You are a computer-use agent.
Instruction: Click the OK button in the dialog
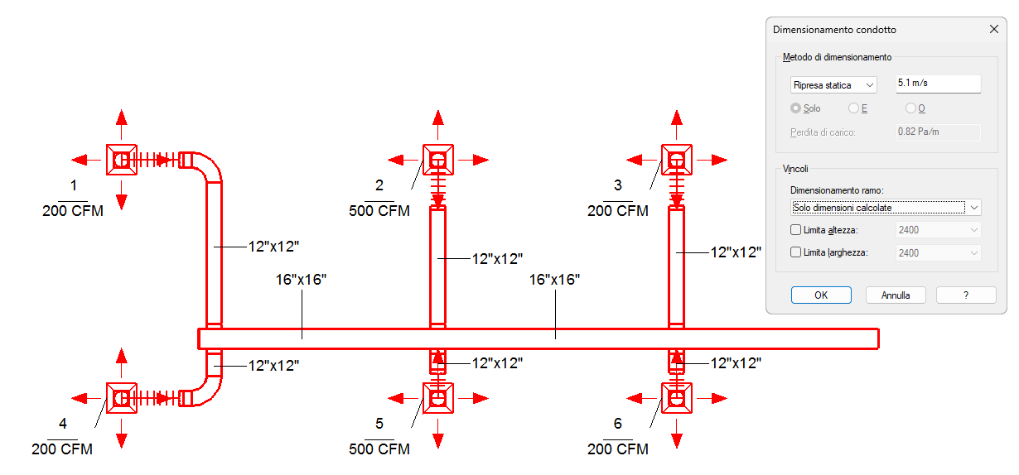pos(821,295)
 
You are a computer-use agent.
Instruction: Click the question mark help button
pos(966,295)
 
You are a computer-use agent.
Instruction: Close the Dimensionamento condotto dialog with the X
pos(994,29)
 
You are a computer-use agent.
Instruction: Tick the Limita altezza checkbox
pos(795,229)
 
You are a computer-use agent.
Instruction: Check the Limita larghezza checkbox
pos(795,252)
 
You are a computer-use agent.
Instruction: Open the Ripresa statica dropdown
pos(833,85)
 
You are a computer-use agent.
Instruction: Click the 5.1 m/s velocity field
pos(938,84)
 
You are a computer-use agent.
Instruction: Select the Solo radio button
pos(795,108)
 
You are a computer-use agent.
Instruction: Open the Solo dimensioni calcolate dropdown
pos(886,208)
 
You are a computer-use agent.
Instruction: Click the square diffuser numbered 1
pos(122,160)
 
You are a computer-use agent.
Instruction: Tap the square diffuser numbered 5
pos(438,398)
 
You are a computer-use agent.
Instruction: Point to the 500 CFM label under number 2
pos(379,211)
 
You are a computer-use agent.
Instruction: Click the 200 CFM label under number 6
pos(618,449)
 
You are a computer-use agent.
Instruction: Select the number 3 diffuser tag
pos(618,185)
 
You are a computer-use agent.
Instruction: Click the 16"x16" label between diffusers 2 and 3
pos(554,280)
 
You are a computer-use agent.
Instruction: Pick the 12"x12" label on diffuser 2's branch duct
pos(497,259)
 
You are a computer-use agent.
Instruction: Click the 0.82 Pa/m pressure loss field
pos(938,132)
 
